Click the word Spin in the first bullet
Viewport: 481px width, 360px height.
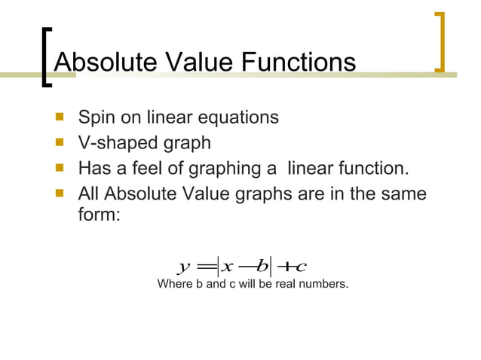(96, 118)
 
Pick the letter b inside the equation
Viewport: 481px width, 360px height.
(262, 265)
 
